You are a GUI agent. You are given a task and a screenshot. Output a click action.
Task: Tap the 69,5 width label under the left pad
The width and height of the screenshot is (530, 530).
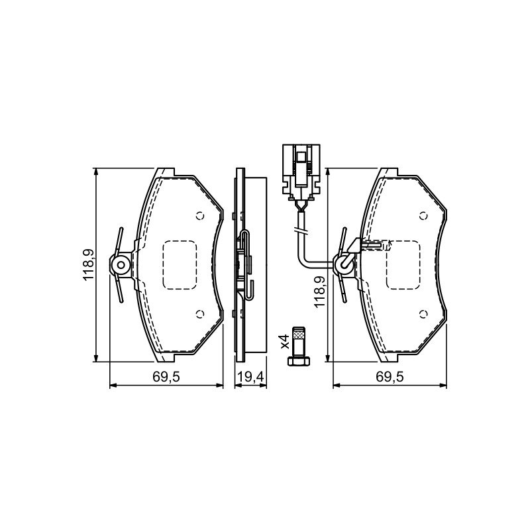(x=166, y=376)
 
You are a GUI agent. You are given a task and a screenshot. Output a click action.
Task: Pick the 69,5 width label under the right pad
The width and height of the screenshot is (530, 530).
(x=390, y=376)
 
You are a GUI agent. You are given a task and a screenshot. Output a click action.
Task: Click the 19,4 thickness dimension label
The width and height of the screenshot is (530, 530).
(x=250, y=376)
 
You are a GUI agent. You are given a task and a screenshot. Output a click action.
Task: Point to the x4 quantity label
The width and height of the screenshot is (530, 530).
(x=285, y=341)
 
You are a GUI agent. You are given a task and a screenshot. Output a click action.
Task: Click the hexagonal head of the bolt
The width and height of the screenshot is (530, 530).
(x=298, y=362)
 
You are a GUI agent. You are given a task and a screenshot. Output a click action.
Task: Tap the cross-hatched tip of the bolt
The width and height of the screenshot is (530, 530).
(x=298, y=335)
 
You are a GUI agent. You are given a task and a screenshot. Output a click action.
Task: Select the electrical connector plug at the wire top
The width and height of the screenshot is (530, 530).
(x=301, y=172)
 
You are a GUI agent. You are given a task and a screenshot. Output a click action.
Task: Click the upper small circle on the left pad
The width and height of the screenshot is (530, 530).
(x=200, y=216)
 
